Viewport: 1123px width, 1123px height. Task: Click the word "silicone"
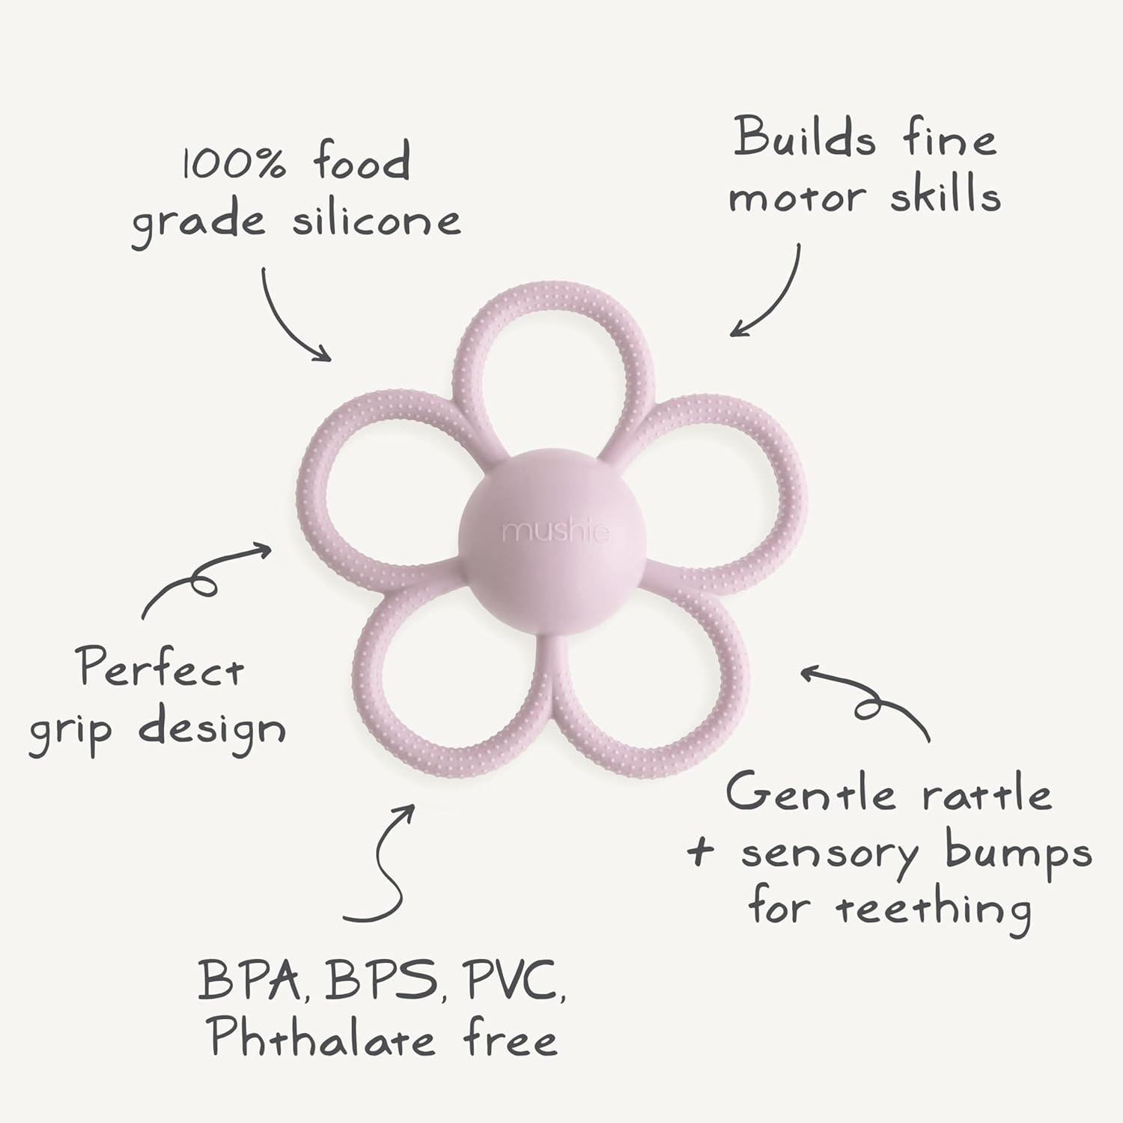pos(376,219)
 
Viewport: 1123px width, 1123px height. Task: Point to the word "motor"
pos(798,198)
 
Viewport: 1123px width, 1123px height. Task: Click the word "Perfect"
pos(162,667)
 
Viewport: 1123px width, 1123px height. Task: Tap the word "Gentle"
pos(810,793)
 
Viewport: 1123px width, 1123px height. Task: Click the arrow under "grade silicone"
pos(295,314)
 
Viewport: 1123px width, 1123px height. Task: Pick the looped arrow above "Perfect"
pos(202,579)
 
